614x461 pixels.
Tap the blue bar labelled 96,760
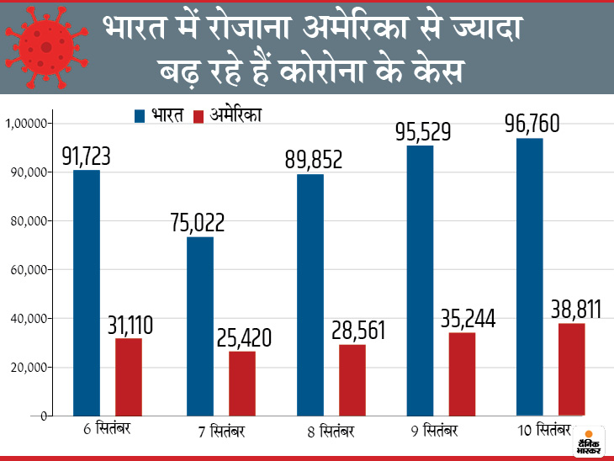click(x=530, y=277)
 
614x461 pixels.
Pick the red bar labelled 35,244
click(x=462, y=374)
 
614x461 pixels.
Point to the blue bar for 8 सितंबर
click(x=310, y=294)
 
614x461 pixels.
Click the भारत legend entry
click(x=160, y=115)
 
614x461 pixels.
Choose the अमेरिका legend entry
click(x=226, y=115)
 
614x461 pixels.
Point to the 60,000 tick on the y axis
click(x=28, y=270)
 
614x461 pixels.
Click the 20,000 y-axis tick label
click(x=28, y=368)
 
